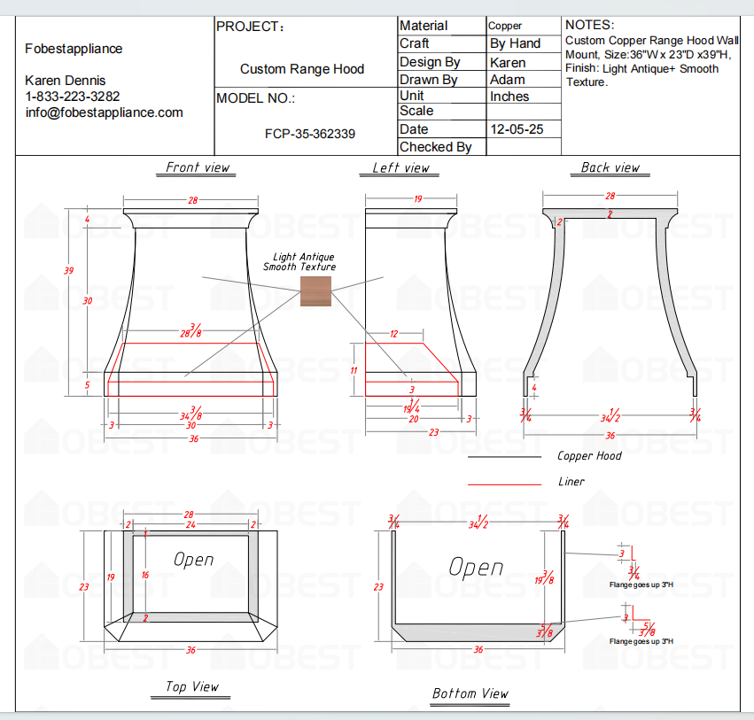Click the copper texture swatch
pos(315,291)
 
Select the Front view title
pos(198,167)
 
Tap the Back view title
pos(610,167)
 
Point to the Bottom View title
pos(470,693)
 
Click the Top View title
pos(192,686)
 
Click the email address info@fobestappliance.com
pos(105,112)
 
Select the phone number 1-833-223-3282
pos(73,96)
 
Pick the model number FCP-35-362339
pos(310,135)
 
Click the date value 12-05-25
pos(517,129)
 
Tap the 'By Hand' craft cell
pos(515,43)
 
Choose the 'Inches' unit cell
pos(509,97)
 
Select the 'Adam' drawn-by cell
pos(507,80)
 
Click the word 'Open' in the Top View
pos(193,560)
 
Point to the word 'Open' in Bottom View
pos(475,567)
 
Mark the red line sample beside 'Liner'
pos(504,484)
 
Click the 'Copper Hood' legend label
pos(589,456)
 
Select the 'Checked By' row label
pos(435,147)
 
